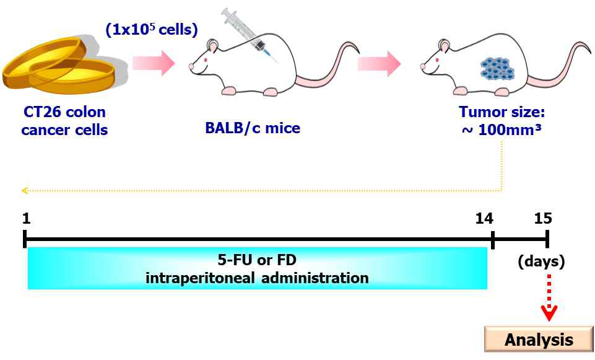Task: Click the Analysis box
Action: coord(538,340)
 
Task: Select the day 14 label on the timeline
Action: coord(484,218)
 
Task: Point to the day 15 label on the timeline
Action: coord(542,218)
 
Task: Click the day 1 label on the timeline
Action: coord(25,218)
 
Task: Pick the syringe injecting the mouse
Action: coord(250,33)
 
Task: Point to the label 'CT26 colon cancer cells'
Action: coord(64,121)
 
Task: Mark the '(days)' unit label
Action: coord(541,261)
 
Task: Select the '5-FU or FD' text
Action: coord(256,260)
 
